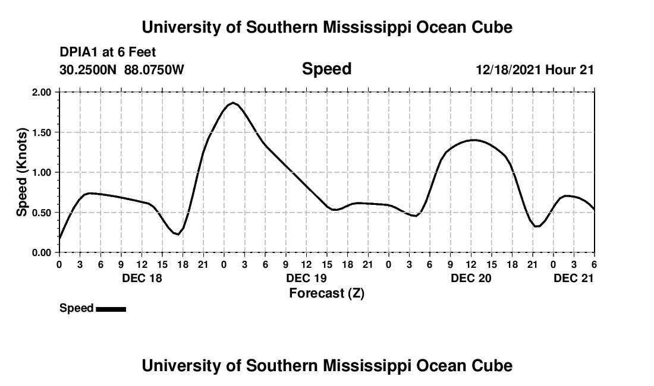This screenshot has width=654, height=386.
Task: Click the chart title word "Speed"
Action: coord(326,69)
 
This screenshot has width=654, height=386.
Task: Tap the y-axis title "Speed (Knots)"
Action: coord(22,172)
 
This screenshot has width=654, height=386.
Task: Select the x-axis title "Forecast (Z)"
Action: coord(326,293)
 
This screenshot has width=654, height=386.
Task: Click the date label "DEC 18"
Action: coord(141,279)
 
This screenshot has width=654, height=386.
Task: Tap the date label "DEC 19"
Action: coord(306,279)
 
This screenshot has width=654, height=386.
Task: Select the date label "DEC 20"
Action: coord(470,279)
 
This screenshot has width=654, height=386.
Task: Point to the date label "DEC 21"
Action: coord(573,279)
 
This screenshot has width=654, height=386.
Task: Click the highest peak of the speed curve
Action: coord(233,103)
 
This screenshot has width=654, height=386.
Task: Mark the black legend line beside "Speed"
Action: coord(111,309)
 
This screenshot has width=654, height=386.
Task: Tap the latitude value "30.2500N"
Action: coord(89,70)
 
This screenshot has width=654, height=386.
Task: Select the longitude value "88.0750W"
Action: coord(154,70)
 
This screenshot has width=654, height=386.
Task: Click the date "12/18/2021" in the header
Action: coord(509,70)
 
